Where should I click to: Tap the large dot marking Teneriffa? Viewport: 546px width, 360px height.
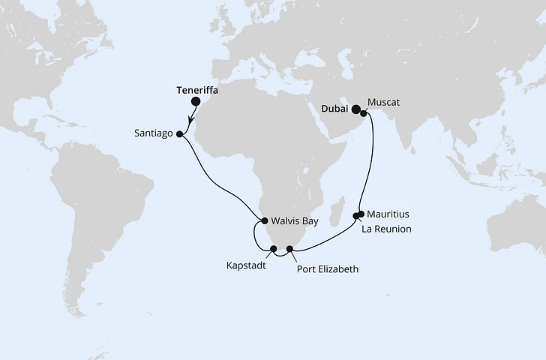[x=196, y=101]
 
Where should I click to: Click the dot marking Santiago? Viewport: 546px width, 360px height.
[x=180, y=134]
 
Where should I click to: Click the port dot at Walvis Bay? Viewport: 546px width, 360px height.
[x=264, y=220]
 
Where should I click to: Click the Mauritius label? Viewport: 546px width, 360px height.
[x=391, y=214]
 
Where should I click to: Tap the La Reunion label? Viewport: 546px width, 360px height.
[x=386, y=229]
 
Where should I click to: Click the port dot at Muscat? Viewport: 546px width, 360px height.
[x=364, y=113]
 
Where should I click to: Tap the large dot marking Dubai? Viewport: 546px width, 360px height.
[x=356, y=109]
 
